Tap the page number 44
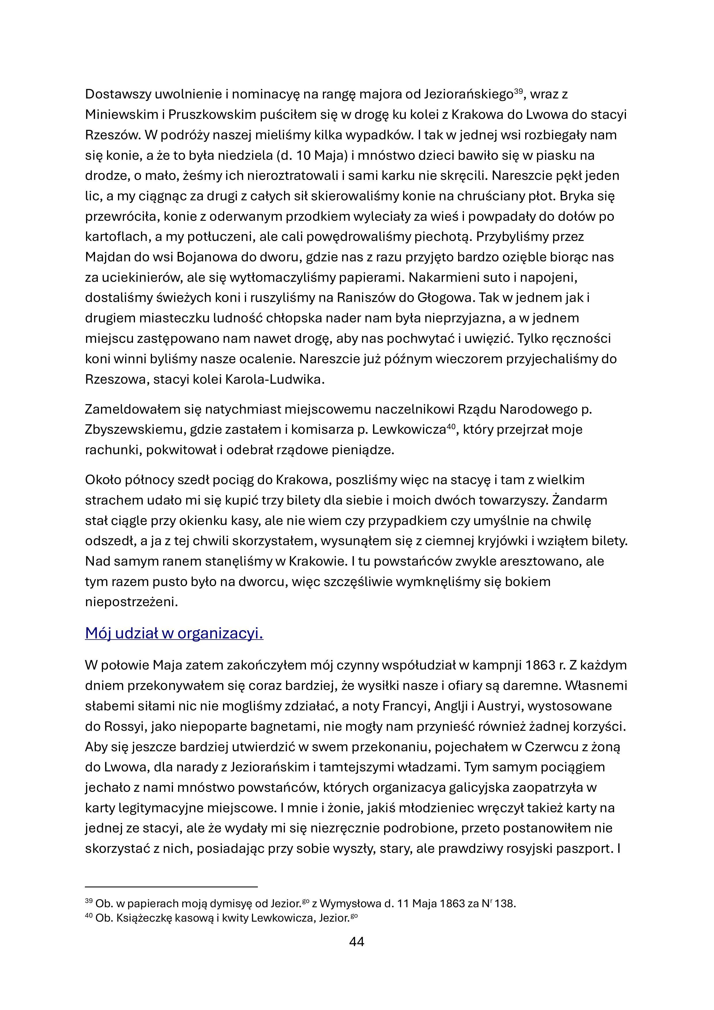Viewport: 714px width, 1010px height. click(x=356, y=941)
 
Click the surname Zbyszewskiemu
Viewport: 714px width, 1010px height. click(x=134, y=429)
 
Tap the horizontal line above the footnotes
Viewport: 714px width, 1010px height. click(x=171, y=887)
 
